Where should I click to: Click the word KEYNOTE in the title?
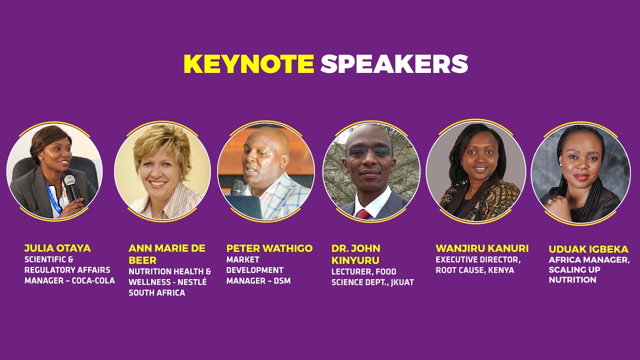(x=248, y=64)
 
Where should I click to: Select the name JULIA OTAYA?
(x=57, y=248)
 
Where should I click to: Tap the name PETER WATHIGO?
(x=269, y=248)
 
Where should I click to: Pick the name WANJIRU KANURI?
(x=482, y=248)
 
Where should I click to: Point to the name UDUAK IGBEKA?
(x=588, y=249)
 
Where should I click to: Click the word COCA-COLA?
(x=93, y=280)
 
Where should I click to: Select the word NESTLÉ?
(x=192, y=281)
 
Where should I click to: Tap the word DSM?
(x=282, y=281)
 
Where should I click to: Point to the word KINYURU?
(x=355, y=260)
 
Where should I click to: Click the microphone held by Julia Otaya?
(x=71, y=187)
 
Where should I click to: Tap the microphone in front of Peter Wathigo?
(x=237, y=187)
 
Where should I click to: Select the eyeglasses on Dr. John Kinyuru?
(x=369, y=151)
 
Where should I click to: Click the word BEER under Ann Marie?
(x=142, y=260)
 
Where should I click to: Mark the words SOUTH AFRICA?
(x=157, y=293)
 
